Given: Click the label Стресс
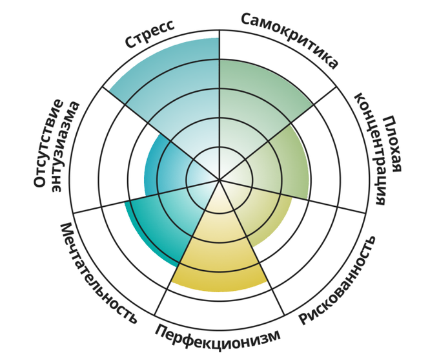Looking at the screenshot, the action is (x=150, y=34).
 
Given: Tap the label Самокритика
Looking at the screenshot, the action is (x=289, y=39).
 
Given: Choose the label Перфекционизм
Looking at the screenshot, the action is (x=218, y=337).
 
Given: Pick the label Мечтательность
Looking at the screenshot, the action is (x=99, y=273).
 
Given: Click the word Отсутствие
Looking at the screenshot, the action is (x=48, y=143).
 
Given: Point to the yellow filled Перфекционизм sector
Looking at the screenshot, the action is (x=219, y=252).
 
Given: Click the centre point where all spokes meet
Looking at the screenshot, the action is (x=219, y=180).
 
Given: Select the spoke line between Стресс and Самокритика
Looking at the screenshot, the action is (x=219, y=105).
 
